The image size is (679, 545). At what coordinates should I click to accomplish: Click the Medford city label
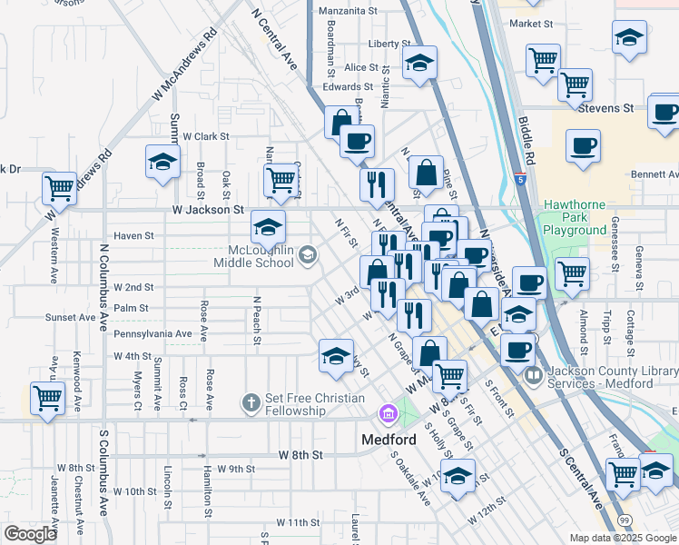(389, 440)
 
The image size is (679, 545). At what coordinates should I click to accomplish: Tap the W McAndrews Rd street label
(186, 64)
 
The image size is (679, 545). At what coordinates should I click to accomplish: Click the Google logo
(31, 534)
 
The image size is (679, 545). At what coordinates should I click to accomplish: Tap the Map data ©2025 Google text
(622, 538)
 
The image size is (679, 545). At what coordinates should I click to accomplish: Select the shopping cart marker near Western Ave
(59, 189)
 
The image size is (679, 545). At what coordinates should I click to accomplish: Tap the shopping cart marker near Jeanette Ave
(47, 397)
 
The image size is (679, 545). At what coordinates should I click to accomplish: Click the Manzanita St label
(349, 11)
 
